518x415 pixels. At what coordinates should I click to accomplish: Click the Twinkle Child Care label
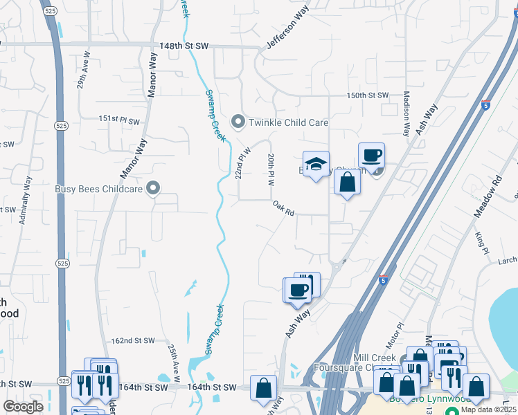[x=287, y=122]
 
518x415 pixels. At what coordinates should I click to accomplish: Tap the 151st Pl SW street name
[x=118, y=120]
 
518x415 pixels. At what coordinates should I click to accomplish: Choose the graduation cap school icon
[x=316, y=164]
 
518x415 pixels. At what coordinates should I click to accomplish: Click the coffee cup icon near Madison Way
[x=371, y=154]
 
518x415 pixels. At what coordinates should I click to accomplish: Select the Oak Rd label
[x=283, y=208]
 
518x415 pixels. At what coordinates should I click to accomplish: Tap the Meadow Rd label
[x=487, y=197]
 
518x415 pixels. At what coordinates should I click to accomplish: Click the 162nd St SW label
[x=133, y=341]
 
